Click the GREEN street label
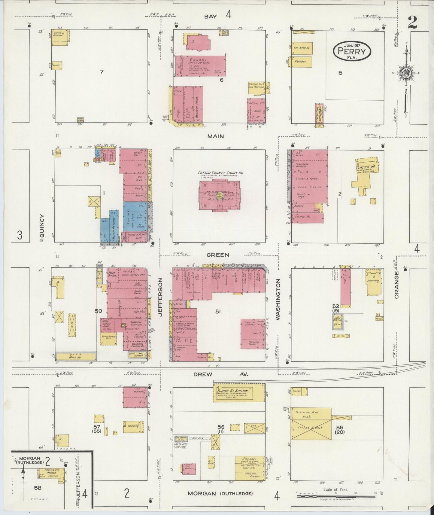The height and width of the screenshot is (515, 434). pyautogui.click(x=218, y=255)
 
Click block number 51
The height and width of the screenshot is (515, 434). pyautogui.click(x=218, y=312)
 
